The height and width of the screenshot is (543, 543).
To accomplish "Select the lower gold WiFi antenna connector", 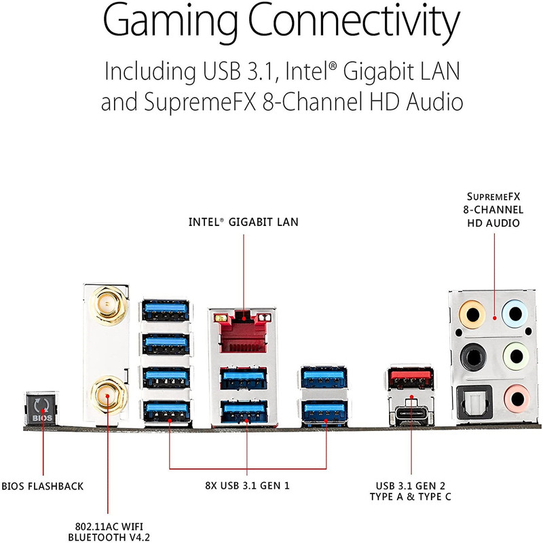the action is (x=109, y=396).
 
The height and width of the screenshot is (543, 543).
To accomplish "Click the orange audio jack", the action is (x=472, y=314).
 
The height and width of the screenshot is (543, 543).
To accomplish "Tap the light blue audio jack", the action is (x=515, y=314).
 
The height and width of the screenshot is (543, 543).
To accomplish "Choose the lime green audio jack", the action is (x=516, y=356).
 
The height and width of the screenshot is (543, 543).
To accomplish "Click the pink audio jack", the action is (x=517, y=398).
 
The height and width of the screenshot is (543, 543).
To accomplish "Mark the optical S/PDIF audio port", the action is (x=474, y=402).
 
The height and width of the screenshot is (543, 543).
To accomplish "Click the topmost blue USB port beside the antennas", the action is (x=166, y=310).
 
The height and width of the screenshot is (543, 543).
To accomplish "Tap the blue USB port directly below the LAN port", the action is (x=244, y=379).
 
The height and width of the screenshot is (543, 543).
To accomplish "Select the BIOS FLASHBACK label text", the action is (x=43, y=486).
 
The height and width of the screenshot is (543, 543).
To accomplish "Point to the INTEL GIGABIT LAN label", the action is (x=244, y=222).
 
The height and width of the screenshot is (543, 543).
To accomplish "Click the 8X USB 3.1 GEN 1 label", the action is (x=247, y=485).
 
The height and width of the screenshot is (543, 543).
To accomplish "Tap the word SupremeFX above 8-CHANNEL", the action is (x=493, y=197).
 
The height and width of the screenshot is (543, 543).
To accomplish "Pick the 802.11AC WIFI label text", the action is (x=109, y=527).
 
